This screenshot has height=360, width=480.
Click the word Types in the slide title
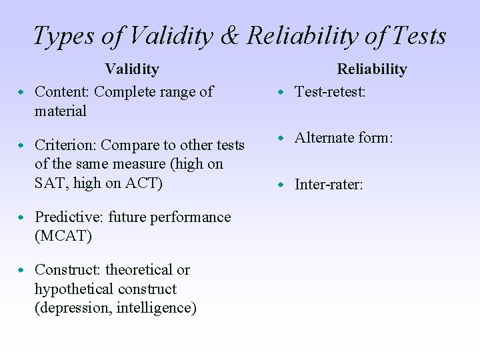click(63, 36)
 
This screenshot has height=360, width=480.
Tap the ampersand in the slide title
click(229, 36)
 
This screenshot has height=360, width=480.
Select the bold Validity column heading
click(132, 69)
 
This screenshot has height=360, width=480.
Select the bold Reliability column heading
click(371, 69)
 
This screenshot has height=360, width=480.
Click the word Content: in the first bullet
click(62, 92)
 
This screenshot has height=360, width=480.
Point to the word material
click(61, 111)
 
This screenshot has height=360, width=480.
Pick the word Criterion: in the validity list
click(65, 145)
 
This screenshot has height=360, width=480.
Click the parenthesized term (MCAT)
click(63, 236)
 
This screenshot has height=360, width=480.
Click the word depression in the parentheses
click(73, 308)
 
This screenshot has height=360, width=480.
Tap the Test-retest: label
click(330, 92)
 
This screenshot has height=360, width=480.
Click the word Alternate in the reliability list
click(323, 138)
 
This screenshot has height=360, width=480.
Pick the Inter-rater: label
click(329, 185)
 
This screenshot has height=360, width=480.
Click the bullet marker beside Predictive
click(21, 217)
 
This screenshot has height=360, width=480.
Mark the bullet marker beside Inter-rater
click(281, 184)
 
